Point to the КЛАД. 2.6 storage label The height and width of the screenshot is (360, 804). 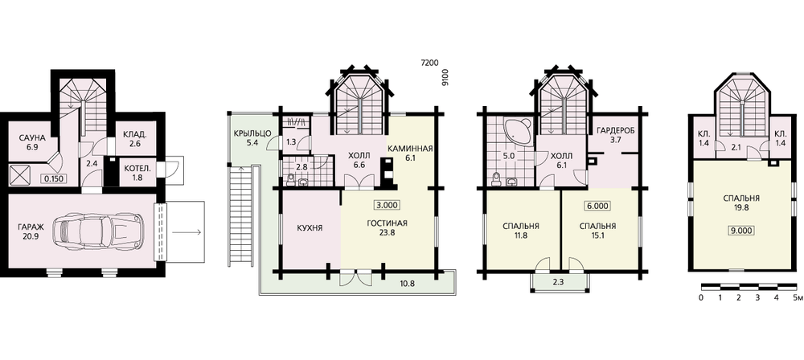(x=135, y=140)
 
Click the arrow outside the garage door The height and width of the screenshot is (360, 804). (x=187, y=232)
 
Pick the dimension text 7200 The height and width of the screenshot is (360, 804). (x=429, y=63)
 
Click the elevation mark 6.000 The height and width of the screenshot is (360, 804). (x=597, y=207)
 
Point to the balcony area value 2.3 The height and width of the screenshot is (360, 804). (x=560, y=282)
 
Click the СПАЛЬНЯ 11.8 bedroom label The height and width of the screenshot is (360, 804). (x=522, y=231)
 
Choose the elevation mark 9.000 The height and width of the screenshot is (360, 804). (x=740, y=231)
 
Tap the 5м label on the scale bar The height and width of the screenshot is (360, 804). (x=796, y=297)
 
